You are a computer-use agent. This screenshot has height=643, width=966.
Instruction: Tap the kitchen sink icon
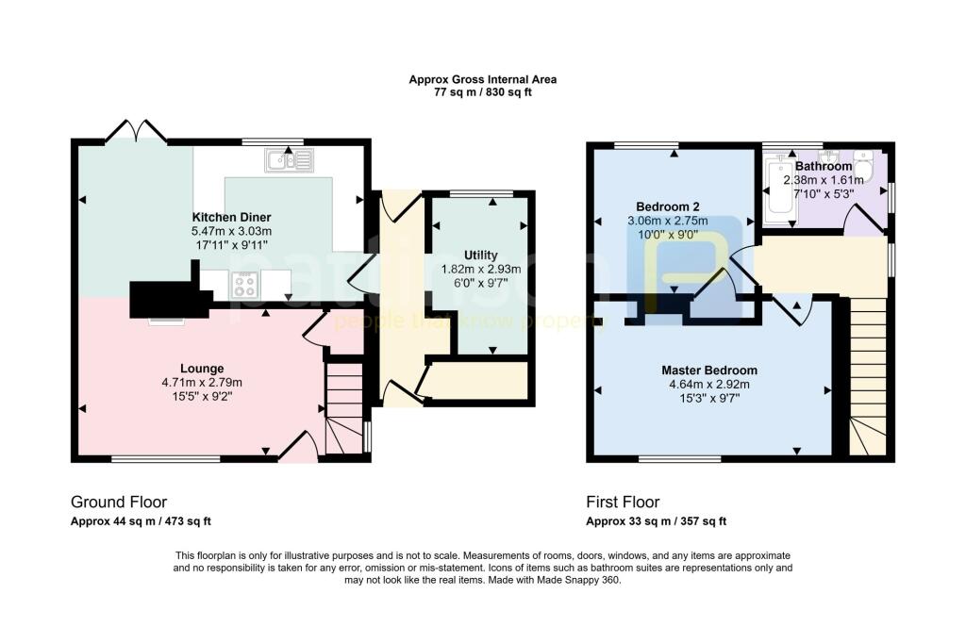click(289, 159)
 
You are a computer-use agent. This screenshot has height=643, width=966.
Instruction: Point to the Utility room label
click(480, 256)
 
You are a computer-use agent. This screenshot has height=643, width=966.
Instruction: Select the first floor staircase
click(869, 377)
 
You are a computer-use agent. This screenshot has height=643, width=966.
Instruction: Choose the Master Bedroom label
click(708, 371)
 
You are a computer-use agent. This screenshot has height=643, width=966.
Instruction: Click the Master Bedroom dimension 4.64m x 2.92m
click(708, 385)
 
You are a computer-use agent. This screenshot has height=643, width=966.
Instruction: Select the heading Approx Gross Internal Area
click(482, 80)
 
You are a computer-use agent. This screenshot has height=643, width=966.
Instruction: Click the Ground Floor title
click(119, 502)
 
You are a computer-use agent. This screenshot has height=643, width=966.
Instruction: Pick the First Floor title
click(623, 502)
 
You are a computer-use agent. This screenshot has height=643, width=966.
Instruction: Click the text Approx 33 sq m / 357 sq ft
click(656, 521)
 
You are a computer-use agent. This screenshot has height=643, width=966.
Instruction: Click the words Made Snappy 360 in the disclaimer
click(587, 580)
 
